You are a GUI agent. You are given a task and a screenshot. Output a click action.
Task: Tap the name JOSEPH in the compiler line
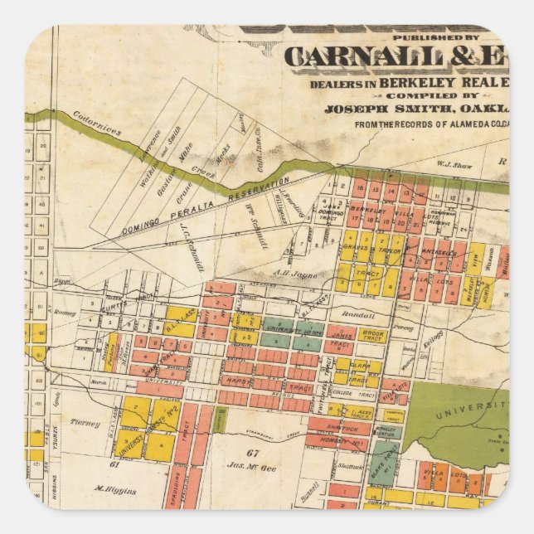pyautogui.click(x=351, y=108)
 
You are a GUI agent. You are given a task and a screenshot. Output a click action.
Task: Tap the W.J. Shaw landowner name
pyautogui.click(x=454, y=165)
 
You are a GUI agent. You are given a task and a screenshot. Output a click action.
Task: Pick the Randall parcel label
pyautogui.click(x=357, y=316)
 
